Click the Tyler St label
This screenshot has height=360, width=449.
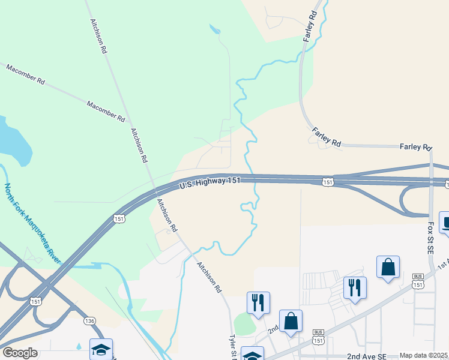(x=233, y=347)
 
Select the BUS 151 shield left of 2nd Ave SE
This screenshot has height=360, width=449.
(x=319, y=336)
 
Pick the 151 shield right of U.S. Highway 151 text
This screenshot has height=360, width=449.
(x=328, y=182)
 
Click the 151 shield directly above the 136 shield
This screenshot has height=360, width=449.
(x=37, y=301)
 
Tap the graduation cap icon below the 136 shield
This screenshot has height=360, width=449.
(x=100, y=349)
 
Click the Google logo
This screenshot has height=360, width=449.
(x=20, y=353)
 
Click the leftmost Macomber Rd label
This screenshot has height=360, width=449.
(x=25, y=74)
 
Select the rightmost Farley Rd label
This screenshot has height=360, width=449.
(x=416, y=147)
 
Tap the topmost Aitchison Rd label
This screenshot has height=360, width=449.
(x=98, y=37)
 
